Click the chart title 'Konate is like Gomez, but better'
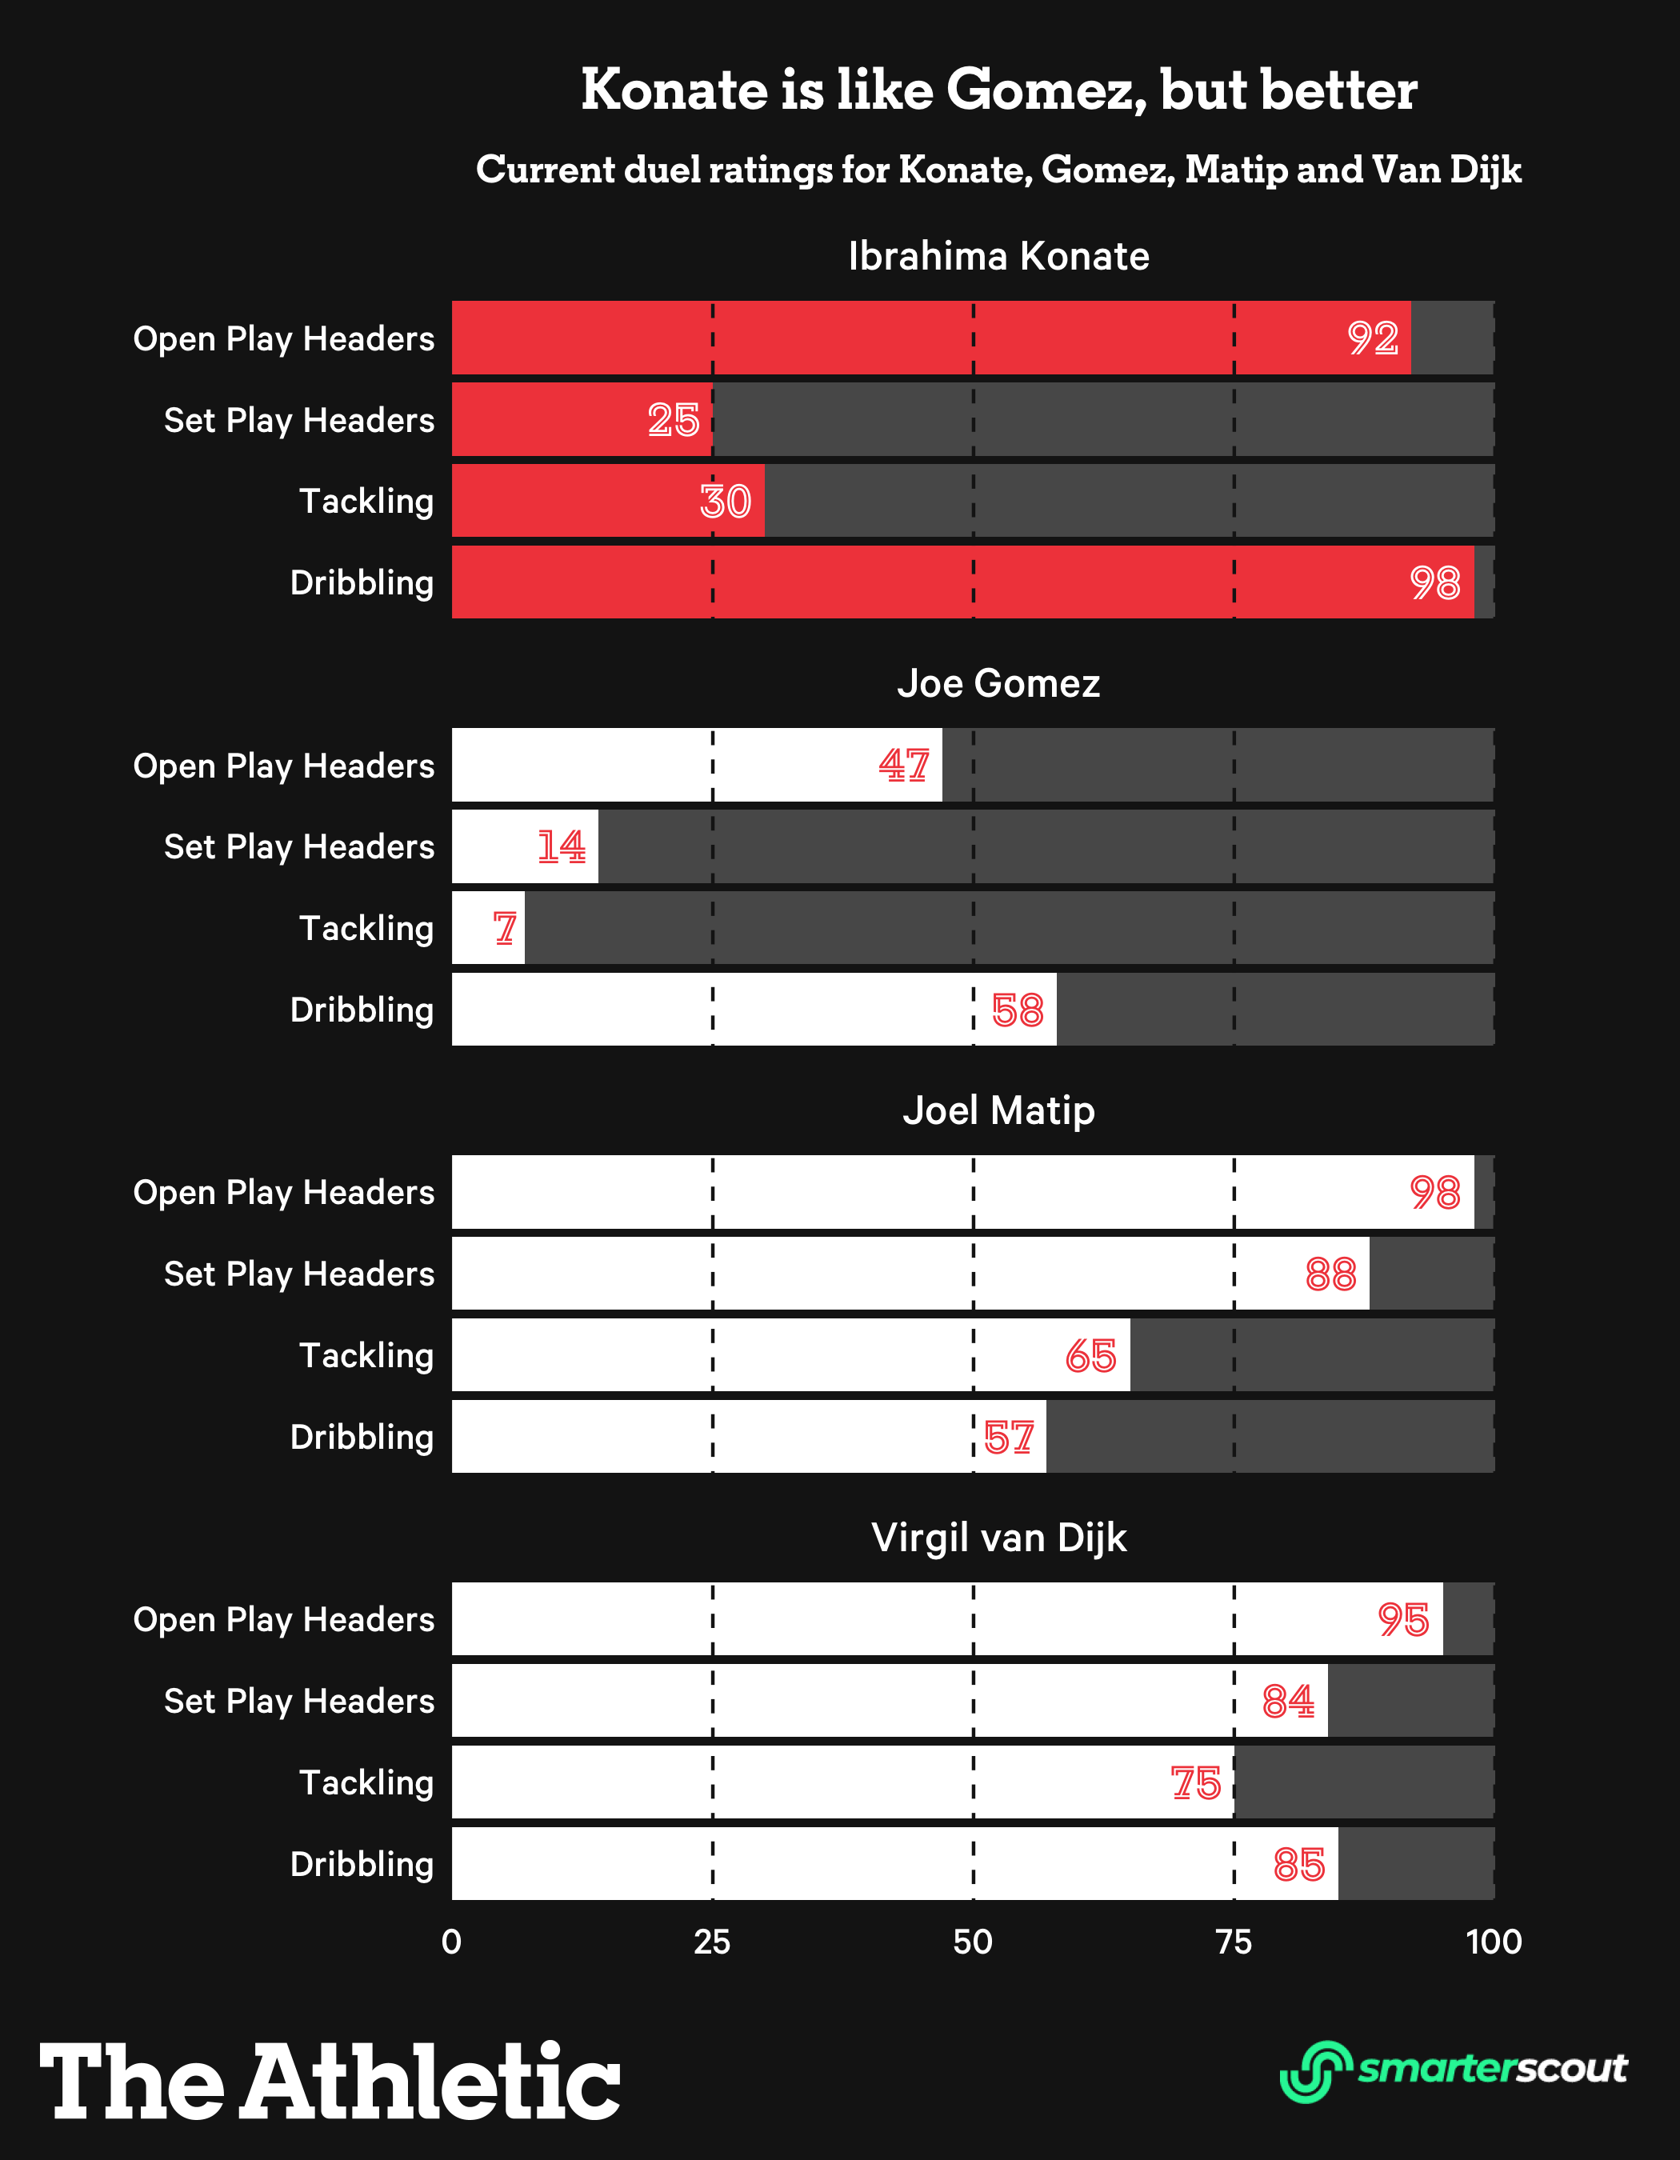[998, 90]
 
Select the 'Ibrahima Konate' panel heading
[998, 256]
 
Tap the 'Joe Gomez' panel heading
[998, 683]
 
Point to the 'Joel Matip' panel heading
[998, 1110]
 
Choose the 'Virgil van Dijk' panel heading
[998, 1538]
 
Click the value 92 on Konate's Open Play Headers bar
[1373, 338]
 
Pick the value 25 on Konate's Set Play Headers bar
[674, 420]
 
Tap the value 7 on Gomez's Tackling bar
[506, 929]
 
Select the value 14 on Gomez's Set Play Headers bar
[561, 847]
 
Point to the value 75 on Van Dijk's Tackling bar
[1195, 1783]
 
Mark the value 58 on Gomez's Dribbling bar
[1018, 1010]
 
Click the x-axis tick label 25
[712, 1942]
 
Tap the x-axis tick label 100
[1493, 1942]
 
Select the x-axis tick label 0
[452, 1942]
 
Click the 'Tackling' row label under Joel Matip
[367, 1355]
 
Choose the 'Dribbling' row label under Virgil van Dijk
[362, 1864]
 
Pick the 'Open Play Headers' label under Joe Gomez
[284, 766]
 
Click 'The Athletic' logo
[330, 2081]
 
